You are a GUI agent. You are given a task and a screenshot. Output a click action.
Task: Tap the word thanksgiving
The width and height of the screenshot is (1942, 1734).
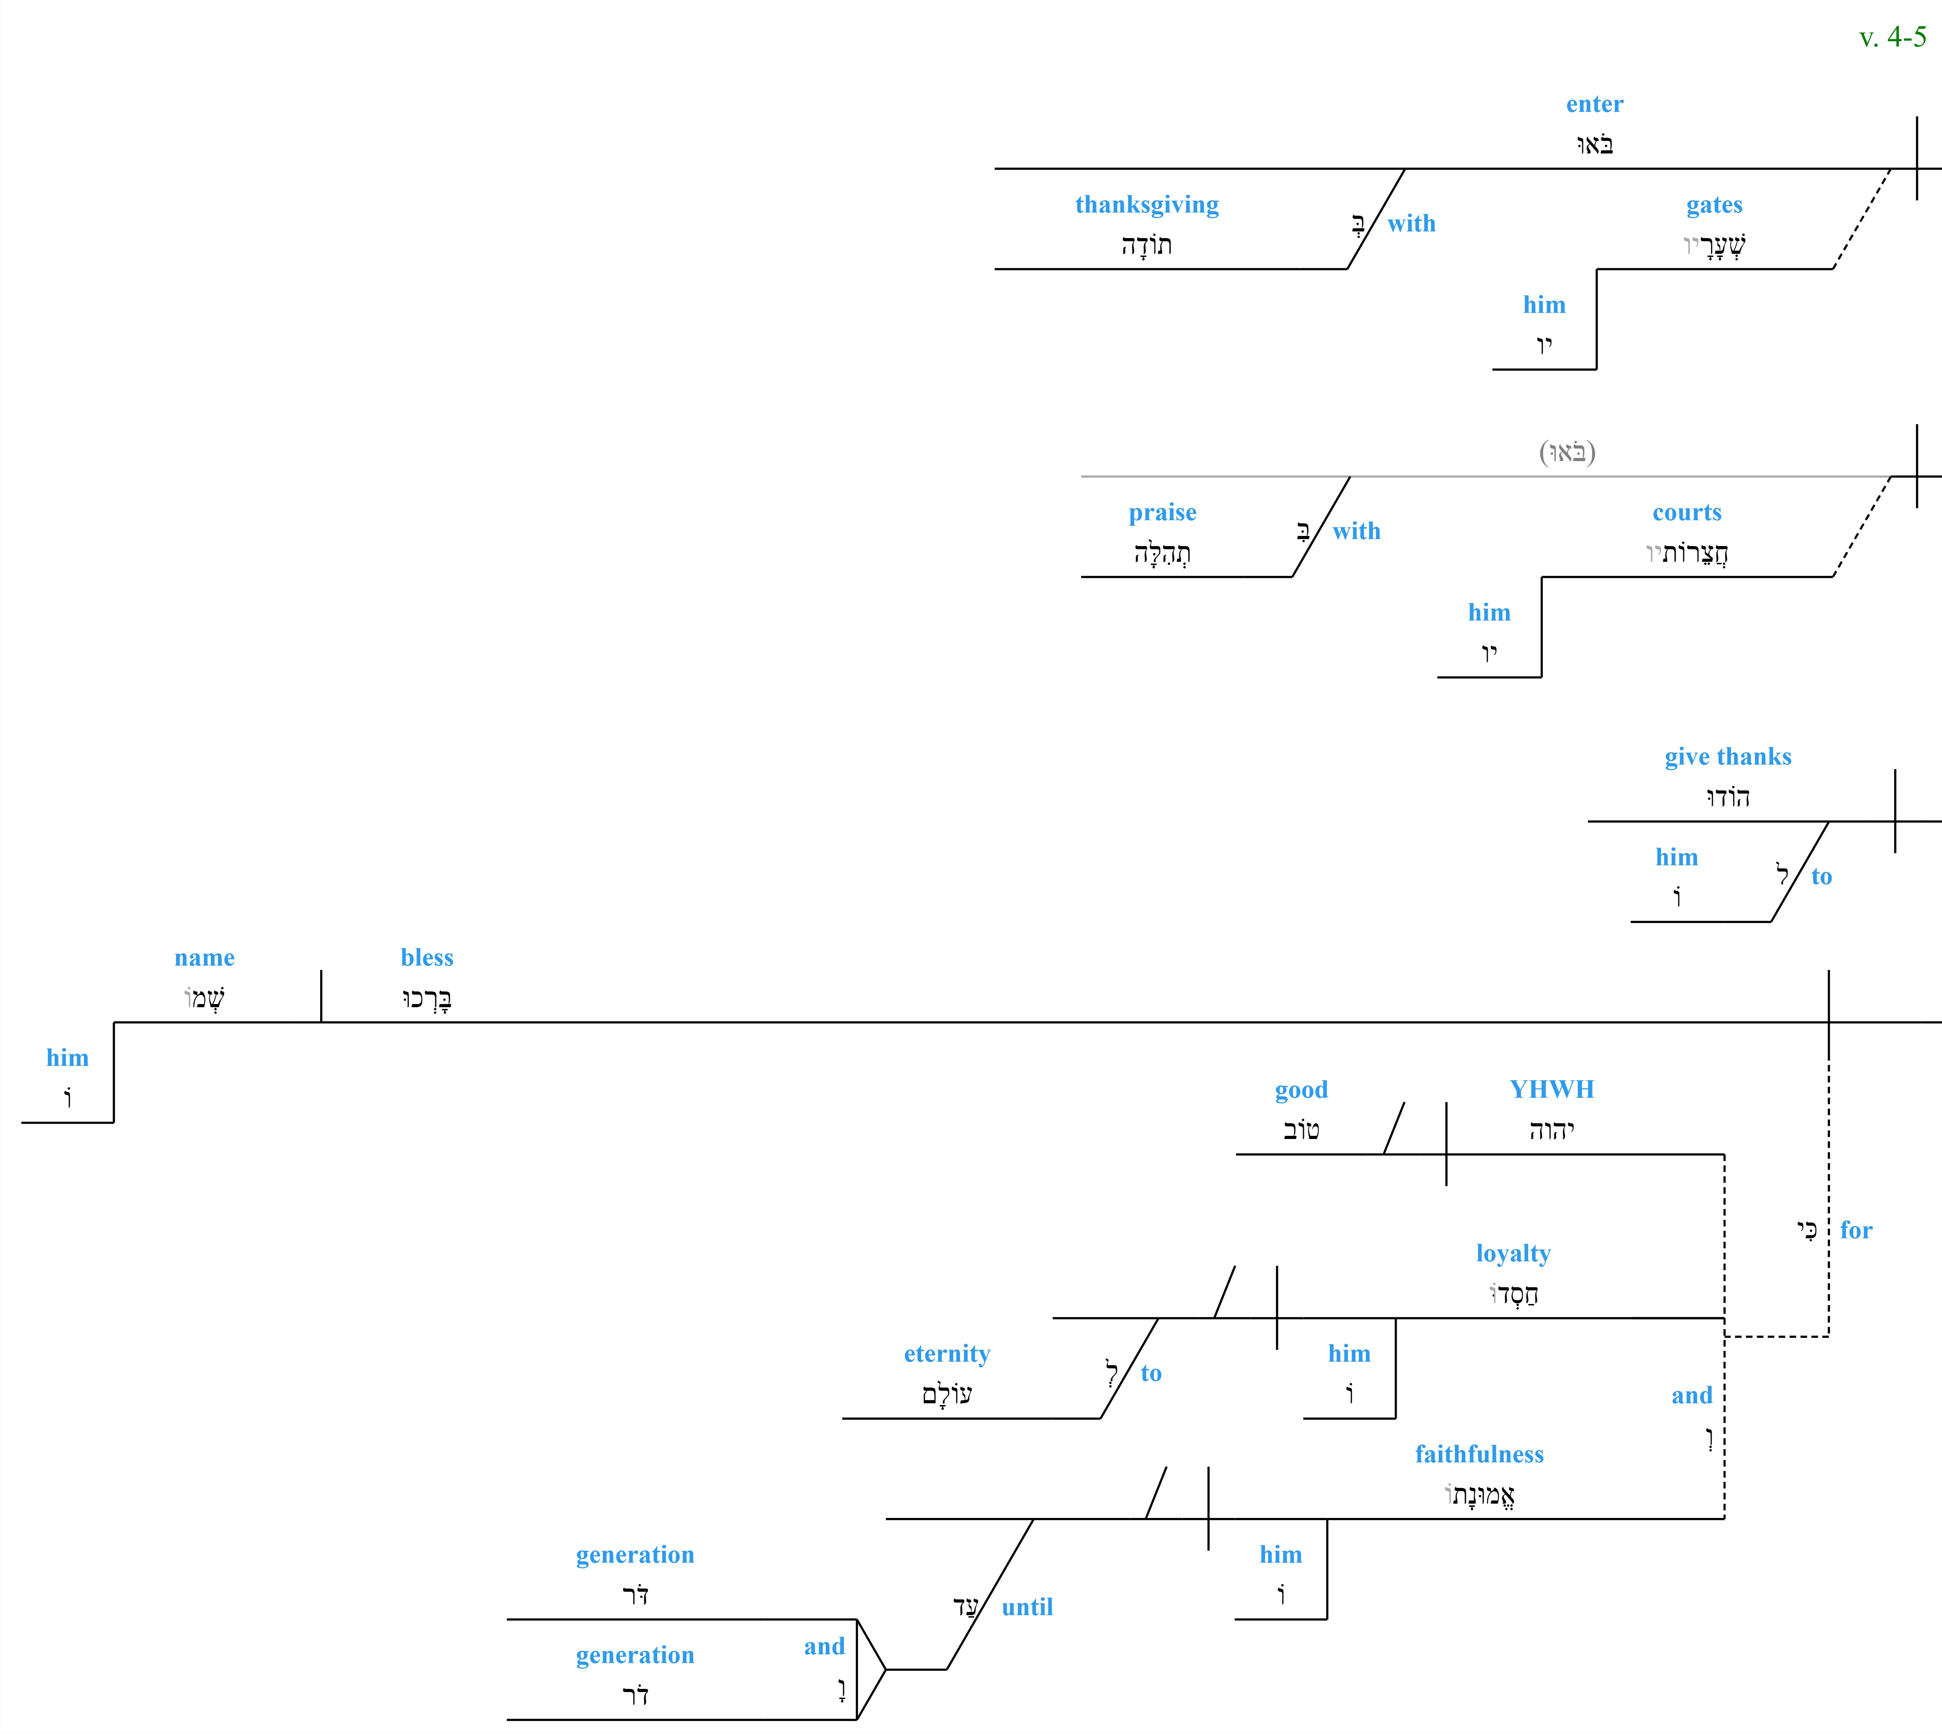[1147, 205]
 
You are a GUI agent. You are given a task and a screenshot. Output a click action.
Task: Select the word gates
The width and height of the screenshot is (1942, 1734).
[1714, 205]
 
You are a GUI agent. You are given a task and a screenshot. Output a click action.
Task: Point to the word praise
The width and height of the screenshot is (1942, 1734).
[1163, 513]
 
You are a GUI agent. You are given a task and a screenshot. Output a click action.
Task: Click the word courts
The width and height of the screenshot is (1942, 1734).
[1687, 513]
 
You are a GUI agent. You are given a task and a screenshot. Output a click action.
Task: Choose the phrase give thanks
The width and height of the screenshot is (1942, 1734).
[1728, 757]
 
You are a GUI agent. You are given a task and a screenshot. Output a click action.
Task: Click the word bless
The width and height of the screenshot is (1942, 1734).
[427, 958]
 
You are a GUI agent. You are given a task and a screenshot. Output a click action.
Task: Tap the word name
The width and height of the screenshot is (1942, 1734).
[205, 958]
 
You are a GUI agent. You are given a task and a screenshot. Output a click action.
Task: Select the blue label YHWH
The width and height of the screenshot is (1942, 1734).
[1552, 1089]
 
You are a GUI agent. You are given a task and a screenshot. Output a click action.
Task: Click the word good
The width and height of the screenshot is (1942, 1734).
[1301, 1090]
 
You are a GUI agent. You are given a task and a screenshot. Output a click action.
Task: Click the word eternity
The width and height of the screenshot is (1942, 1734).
[947, 1354]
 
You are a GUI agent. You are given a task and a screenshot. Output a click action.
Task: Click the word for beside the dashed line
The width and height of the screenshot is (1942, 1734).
[1855, 1230]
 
